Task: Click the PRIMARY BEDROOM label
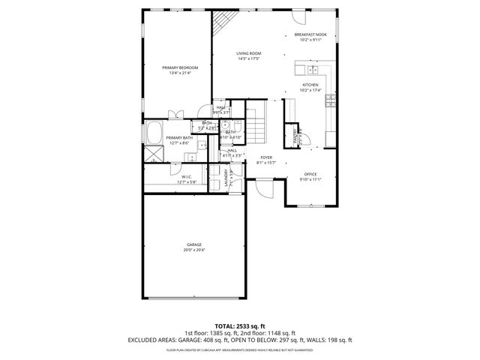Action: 178,67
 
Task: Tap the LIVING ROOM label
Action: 248,53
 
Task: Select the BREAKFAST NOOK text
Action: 310,34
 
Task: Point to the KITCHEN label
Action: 310,85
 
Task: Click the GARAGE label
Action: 194,244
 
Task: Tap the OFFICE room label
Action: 310,174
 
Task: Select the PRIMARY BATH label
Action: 179,138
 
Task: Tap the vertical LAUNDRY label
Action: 226,178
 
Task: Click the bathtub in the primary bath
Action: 153,132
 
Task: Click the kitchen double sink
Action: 313,70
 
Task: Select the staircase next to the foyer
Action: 256,123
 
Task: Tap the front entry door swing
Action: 265,189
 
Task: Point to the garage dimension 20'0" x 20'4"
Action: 194,250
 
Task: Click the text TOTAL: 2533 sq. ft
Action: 239,326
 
